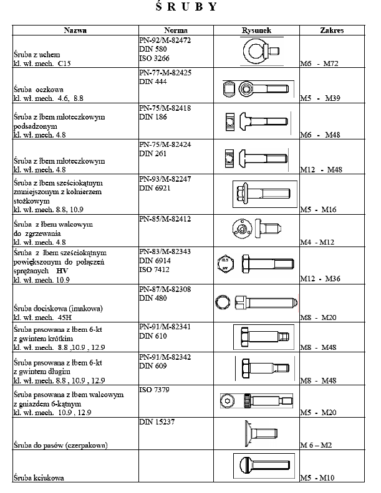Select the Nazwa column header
(x=75, y=30)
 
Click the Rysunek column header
(x=257, y=30)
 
